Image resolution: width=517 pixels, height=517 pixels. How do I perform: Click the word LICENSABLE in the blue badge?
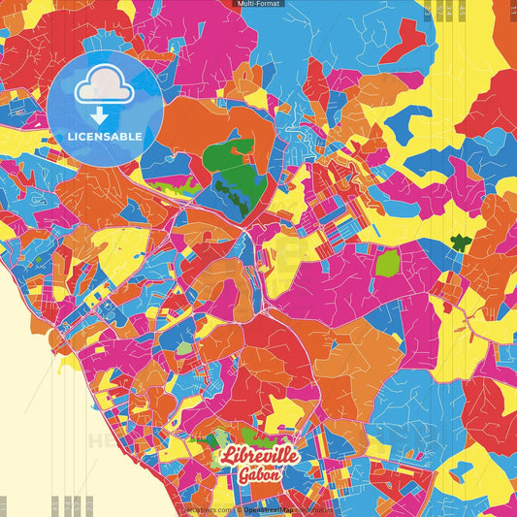tap(104, 135)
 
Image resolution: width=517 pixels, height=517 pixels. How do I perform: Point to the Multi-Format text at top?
tap(258, 5)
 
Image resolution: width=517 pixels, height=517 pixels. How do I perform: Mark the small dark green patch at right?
tap(460, 242)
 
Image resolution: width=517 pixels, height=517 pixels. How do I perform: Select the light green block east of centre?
tap(387, 262)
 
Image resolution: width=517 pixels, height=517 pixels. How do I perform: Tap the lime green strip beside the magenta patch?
tap(178, 179)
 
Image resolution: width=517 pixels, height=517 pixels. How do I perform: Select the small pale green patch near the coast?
tap(185, 347)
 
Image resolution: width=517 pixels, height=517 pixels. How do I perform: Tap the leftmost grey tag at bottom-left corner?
tap(3, 505)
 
